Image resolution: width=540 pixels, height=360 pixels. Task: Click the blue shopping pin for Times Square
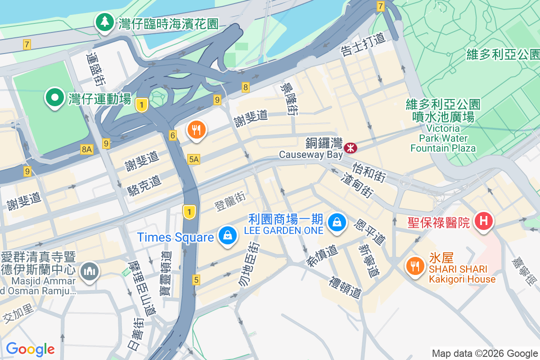pyautogui.click(x=228, y=235)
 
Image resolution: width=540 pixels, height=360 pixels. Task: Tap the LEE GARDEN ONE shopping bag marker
pyautogui.click(x=336, y=222)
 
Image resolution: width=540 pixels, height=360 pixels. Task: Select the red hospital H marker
pyautogui.click(x=484, y=221)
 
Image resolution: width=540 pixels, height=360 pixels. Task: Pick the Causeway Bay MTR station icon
pyautogui.click(x=350, y=148)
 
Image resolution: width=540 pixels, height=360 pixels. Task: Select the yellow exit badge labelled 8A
pyautogui.click(x=87, y=149)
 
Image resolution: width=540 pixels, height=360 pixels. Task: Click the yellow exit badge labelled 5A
pyautogui.click(x=194, y=159)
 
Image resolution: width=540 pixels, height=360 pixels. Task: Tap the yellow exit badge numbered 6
pyautogui.click(x=173, y=135)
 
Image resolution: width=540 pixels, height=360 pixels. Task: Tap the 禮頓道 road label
pyautogui.click(x=346, y=288)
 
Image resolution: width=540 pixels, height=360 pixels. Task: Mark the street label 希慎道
pyautogui.click(x=323, y=256)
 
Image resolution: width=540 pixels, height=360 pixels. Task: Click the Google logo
pyautogui.click(x=30, y=349)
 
